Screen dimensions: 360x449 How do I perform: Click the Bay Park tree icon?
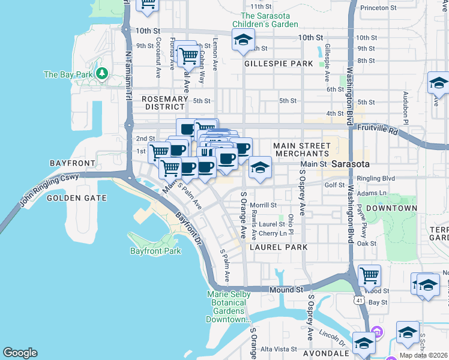pos(102,74)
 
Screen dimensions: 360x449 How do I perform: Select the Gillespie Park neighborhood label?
pos(279,64)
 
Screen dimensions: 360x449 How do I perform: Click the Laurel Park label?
pos(279,247)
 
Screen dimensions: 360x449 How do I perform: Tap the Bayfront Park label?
pos(155,251)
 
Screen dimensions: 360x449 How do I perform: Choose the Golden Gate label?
pos(76,198)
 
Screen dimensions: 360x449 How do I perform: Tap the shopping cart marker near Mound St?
pos(369,276)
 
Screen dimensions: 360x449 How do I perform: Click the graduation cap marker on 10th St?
pos(242,40)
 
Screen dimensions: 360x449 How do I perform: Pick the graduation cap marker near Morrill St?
pos(260,167)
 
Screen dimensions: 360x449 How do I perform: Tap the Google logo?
pos(20,353)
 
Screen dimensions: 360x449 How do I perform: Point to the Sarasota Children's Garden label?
pos(270,20)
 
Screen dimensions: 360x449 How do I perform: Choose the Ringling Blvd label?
pos(376,178)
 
